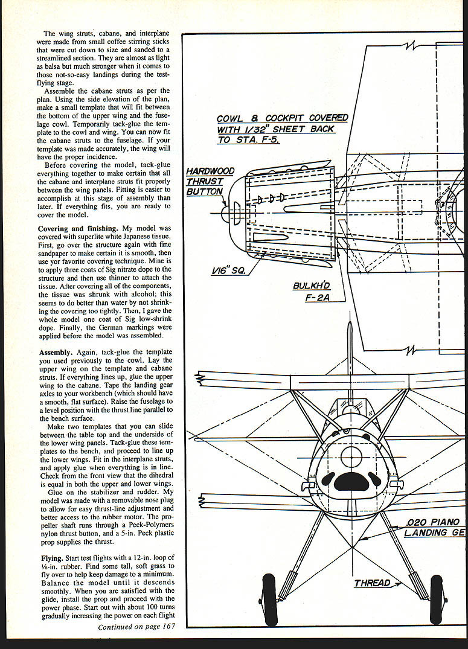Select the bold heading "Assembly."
pyautogui.click(x=58, y=352)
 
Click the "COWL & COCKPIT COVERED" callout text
pyautogui.click(x=282, y=118)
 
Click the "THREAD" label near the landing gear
pyautogui.click(x=372, y=583)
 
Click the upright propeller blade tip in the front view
pyautogui.click(x=351, y=329)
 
